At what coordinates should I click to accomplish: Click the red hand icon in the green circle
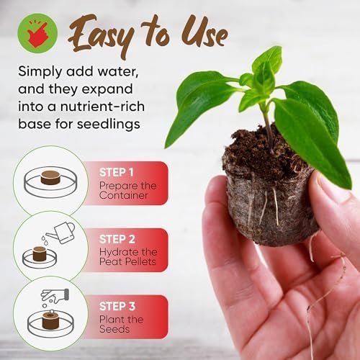coord(37,34)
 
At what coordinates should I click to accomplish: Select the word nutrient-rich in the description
coord(102,107)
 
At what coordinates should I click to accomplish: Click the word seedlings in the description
coord(109,125)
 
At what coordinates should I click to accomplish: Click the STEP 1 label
coord(117,172)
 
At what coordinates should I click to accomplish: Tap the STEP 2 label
coord(117,239)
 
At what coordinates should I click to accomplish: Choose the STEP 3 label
coord(117,306)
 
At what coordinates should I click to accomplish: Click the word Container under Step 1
coord(123,195)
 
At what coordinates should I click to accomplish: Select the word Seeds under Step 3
coord(114,329)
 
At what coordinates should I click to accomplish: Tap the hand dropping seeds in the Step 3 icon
coord(55,295)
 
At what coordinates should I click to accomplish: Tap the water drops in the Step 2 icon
coord(45,240)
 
